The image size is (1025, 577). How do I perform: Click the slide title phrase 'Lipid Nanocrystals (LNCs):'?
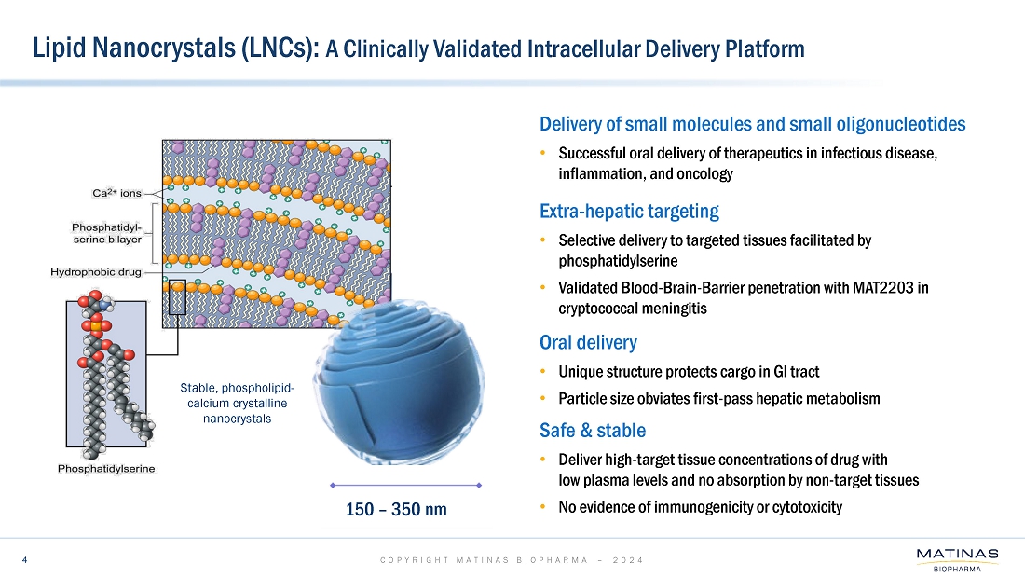coord(176,48)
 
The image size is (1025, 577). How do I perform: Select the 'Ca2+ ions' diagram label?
coord(116,193)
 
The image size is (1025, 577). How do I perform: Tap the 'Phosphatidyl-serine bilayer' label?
coord(107,232)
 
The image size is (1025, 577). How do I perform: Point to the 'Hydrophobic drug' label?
coord(96,272)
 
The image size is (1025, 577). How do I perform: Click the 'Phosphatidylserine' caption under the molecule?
coord(107,467)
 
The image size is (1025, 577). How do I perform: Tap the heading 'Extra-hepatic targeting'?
coord(629,211)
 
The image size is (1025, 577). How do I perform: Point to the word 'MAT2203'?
coord(879,288)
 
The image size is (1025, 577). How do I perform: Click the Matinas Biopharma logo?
coord(957,559)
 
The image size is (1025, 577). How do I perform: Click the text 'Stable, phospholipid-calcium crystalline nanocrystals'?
coord(237,403)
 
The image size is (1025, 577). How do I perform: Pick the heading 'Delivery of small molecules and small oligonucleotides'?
coord(752,124)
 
